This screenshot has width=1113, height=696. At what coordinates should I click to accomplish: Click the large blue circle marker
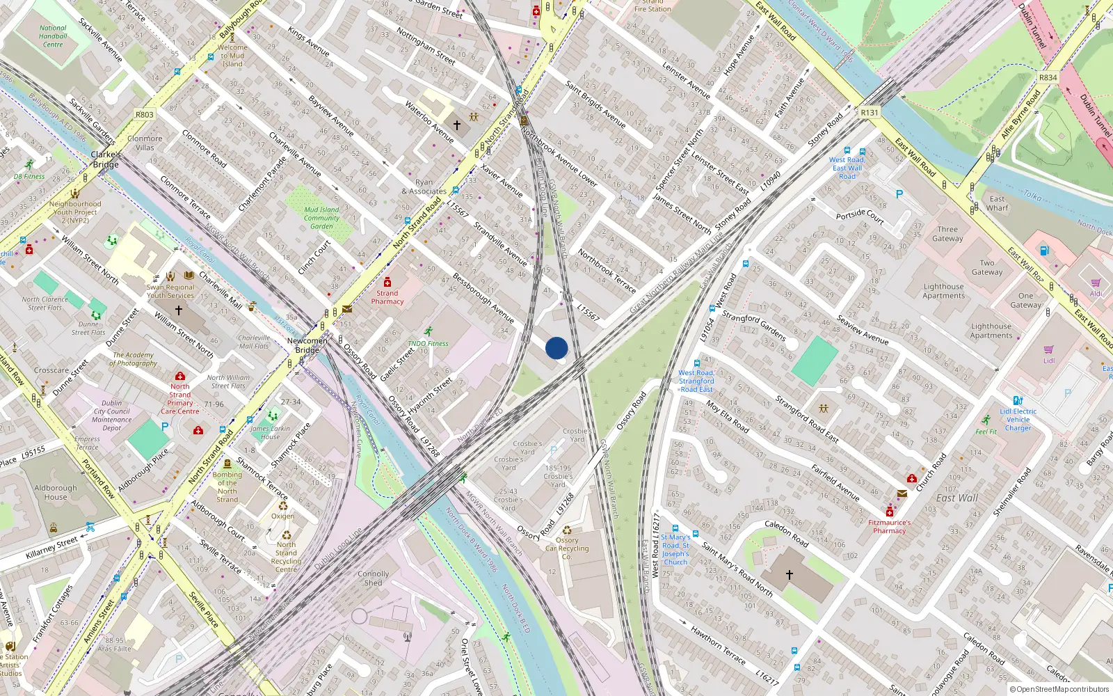(x=556, y=348)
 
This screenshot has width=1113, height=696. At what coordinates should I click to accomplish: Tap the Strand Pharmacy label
(x=387, y=297)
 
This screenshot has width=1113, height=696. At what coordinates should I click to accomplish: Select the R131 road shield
(x=870, y=112)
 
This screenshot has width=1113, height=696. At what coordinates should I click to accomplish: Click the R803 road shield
(x=145, y=115)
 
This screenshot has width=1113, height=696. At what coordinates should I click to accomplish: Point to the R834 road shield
(x=1048, y=77)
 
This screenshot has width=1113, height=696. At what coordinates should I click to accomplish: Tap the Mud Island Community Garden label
(x=321, y=218)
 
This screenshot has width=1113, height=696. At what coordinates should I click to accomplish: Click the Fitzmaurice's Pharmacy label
(x=889, y=526)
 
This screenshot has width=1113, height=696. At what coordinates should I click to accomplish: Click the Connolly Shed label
(x=374, y=578)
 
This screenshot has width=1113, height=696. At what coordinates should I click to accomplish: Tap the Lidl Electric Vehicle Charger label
(x=1018, y=420)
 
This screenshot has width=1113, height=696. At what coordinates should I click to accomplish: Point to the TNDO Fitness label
(x=428, y=343)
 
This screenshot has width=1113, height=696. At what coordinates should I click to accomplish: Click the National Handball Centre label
(x=53, y=36)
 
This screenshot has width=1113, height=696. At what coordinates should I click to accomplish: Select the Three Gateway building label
(x=947, y=234)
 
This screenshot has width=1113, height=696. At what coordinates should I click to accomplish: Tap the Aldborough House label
(x=56, y=493)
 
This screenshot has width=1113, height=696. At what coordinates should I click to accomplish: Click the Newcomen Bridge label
(x=307, y=345)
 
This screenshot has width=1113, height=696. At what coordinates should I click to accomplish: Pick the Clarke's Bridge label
(x=106, y=159)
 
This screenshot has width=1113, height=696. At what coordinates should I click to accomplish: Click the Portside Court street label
(x=860, y=216)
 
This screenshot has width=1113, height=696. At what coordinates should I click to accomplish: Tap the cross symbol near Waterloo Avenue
(x=457, y=125)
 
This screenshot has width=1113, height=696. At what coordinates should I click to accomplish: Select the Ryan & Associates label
(x=424, y=187)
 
